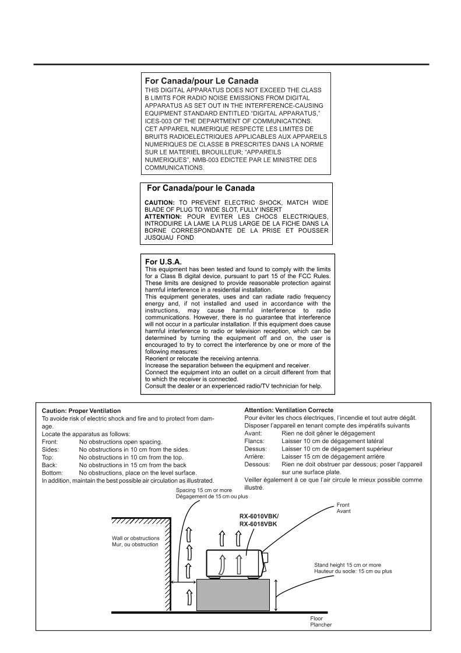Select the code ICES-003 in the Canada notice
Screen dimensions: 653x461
(x=159, y=121)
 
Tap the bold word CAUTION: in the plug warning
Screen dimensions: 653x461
(x=159, y=202)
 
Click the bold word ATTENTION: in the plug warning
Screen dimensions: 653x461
(x=163, y=216)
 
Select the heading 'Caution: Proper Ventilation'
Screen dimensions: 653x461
(x=81, y=411)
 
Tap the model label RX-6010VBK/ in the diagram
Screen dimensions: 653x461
(x=259, y=517)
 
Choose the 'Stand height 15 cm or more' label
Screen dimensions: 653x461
(x=347, y=565)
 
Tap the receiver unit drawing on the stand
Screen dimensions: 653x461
(x=236, y=563)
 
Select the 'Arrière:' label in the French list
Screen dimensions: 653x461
(x=254, y=457)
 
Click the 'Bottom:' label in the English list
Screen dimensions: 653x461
(x=53, y=472)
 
